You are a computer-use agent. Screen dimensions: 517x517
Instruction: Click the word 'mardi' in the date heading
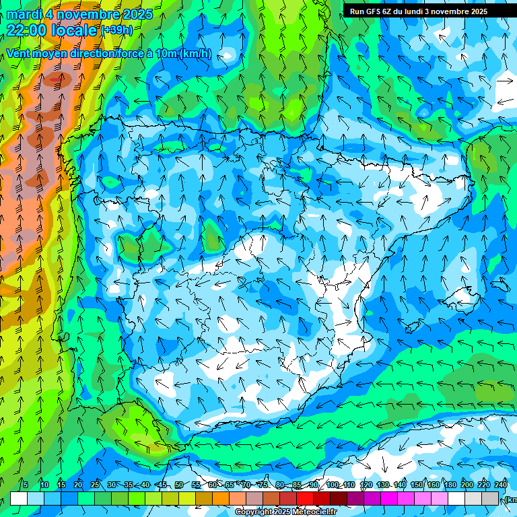pyautogui.click(x=24, y=14)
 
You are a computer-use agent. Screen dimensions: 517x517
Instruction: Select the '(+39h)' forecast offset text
pyautogui.click(x=116, y=30)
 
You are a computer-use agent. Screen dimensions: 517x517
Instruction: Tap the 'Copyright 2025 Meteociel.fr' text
pyautogui.click(x=286, y=512)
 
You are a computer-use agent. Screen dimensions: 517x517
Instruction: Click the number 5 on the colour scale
pyautogui.click(x=26, y=485)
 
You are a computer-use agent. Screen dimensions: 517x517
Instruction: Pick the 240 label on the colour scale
pyautogui.click(x=500, y=485)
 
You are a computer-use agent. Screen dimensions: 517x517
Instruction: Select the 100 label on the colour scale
pyautogui.click(x=332, y=485)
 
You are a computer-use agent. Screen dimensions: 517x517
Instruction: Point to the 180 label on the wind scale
pyautogui.click(x=449, y=485)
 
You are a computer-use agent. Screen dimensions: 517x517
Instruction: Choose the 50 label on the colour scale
pyautogui.click(x=179, y=485)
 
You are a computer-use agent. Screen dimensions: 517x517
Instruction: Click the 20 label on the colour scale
pyautogui.click(x=78, y=485)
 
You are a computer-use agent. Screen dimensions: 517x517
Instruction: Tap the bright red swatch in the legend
pyautogui.click(x=305, y=499)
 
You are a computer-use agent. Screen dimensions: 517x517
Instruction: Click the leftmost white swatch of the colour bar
pyautogui.click(x=19, y=499)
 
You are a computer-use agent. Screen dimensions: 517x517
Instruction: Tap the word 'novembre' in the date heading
pyautogui.click(x=90, y=14)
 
